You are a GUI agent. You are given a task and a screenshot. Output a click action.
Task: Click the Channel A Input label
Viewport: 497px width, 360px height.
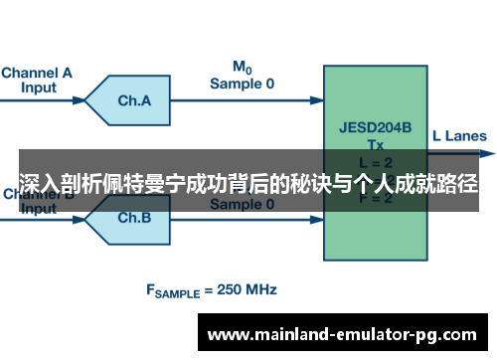pyautogui.click(x=38, y=79)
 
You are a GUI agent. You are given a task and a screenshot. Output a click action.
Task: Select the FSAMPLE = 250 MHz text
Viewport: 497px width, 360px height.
pyautogui.click(x=212, y=290)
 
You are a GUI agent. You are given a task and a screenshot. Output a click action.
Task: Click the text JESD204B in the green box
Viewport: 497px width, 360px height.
pyautogui.click(x=369, y=126)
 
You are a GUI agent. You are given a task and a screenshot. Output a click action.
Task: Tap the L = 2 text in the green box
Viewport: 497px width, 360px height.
pyautogui.click(x=369, y=160)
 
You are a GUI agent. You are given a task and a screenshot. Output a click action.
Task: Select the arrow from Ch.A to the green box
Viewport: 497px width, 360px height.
pyautogui.click(x=248, y=100)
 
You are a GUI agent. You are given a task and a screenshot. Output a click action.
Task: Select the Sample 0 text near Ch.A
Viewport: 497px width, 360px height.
pyautogui.click(x=242, y=84)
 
